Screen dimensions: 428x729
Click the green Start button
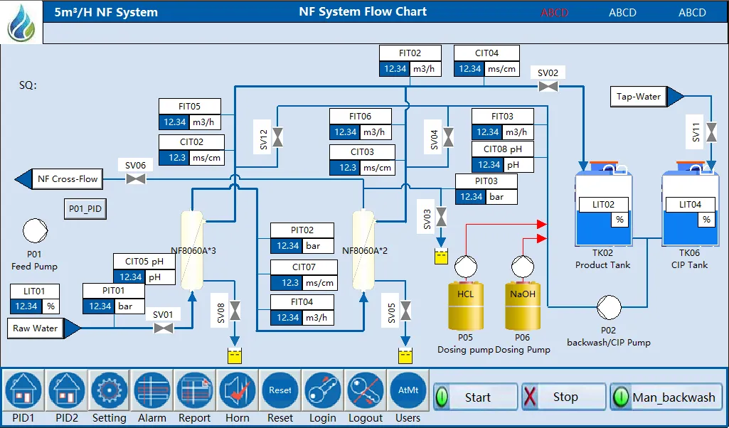(476, 397)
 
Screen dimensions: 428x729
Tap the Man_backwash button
(666, 397)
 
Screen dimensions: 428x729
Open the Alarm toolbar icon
(151, 390)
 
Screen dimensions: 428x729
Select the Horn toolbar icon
(237, 390)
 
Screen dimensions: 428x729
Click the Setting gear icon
(109, 390)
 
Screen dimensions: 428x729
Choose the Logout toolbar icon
(366, 390)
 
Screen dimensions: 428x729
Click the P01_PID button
(85, 209)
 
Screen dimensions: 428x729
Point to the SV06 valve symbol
(135, 178)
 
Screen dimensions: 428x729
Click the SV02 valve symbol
(548, 86)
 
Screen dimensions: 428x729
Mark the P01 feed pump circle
(34, 231)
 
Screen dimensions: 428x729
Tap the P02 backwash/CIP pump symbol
(608, 307)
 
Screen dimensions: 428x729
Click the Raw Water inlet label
(36, 328)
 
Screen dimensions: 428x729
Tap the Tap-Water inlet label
(639, 97)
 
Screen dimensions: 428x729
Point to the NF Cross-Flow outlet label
(68, 178)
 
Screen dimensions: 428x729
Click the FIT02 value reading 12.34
(395, 69)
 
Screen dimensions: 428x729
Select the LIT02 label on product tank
(603, 205)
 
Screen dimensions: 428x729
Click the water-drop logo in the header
(21, 22)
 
